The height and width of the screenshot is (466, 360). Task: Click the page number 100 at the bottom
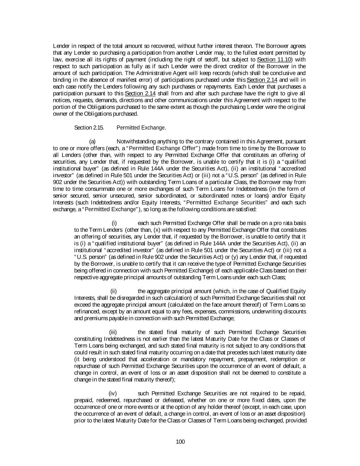180,442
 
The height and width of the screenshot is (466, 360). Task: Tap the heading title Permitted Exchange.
141,128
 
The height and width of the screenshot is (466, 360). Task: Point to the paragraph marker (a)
92,141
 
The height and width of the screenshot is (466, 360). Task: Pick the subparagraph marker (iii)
113,332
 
